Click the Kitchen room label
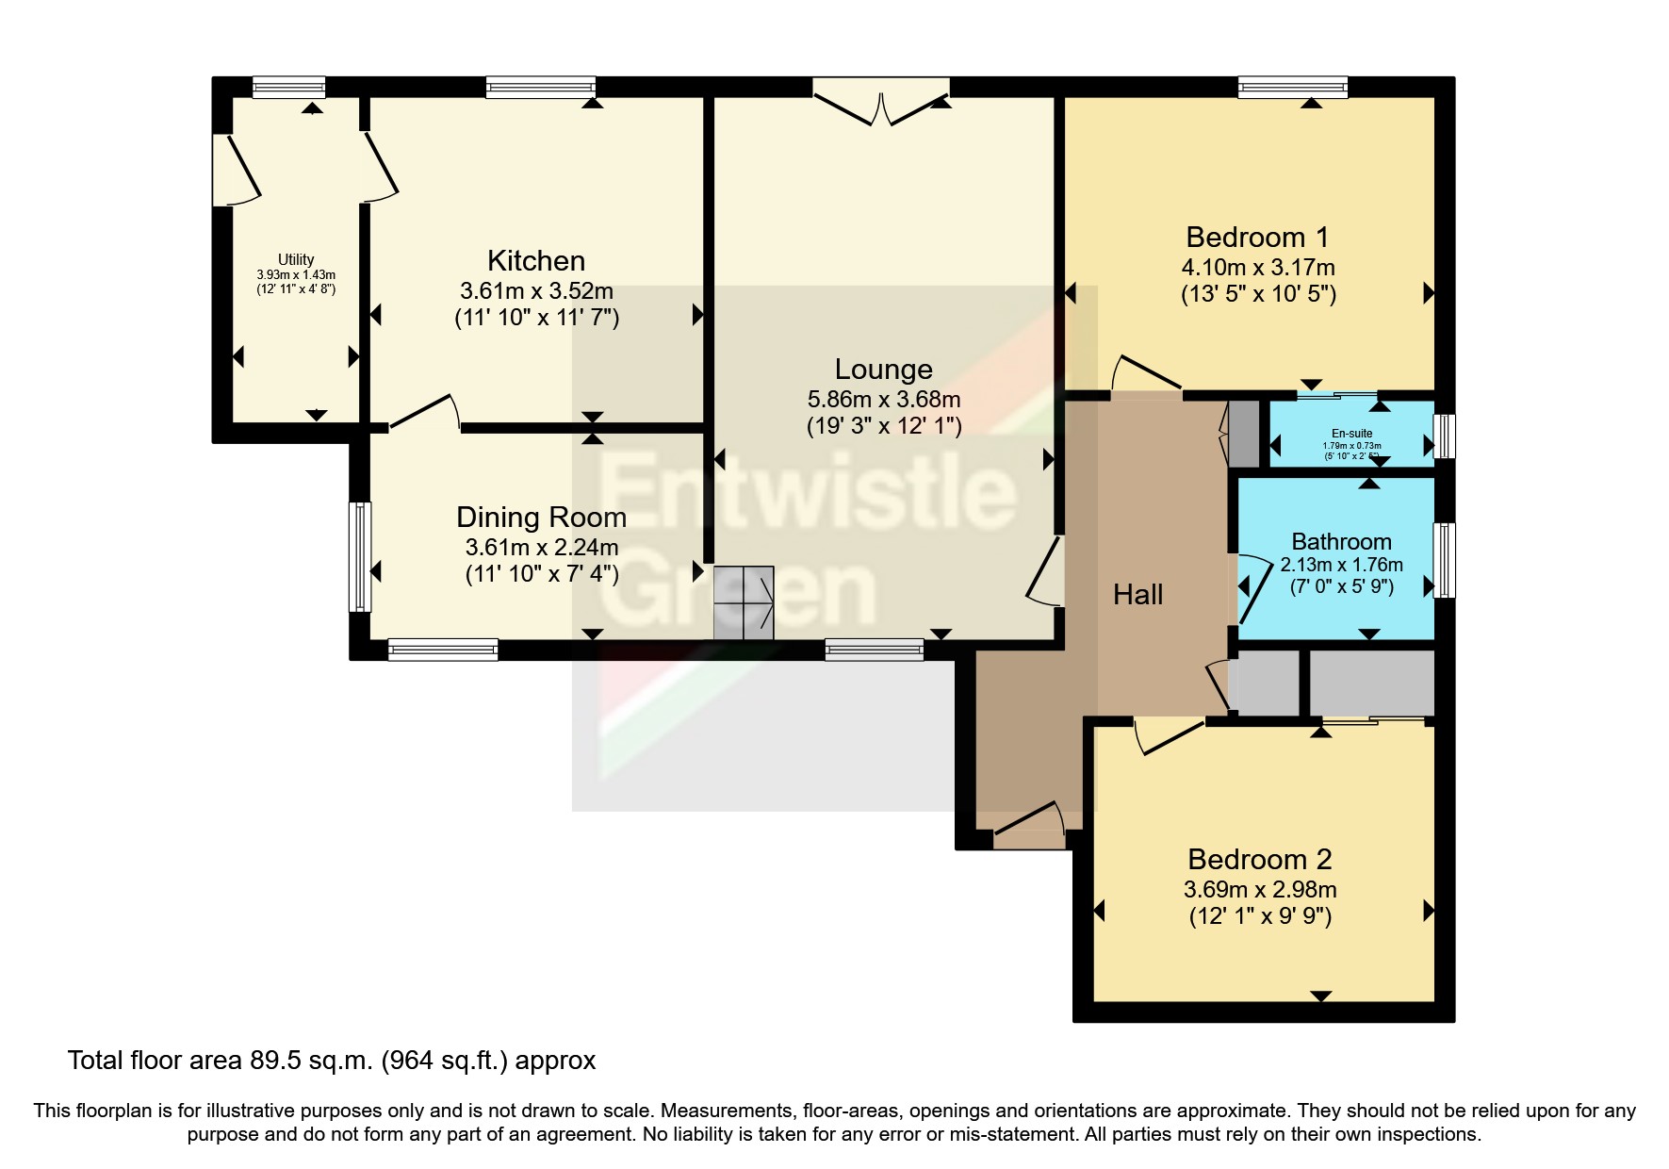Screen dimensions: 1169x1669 tap(536, 260)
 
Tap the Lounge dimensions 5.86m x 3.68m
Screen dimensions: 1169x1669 tap(883, 400)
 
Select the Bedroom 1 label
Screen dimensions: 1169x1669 tap(1257, 237)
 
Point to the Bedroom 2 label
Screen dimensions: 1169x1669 tap(1259, 859)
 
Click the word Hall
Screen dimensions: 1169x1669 tap(1137, 594)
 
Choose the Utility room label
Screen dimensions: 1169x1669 tap(296, 259)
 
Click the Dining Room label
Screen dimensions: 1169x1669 tap(541, 517)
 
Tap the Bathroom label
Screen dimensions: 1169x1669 tap(1341, 541)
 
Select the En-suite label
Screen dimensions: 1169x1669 tap(1351, 434)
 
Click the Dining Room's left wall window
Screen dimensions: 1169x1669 tap(360, 556)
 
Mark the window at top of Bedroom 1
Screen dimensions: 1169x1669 tap(1292, 88)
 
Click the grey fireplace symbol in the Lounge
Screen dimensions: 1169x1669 tap(744, 603)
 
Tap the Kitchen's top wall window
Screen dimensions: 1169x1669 tap(541, 88)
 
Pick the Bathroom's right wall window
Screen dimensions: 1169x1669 tap(1444, 560)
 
